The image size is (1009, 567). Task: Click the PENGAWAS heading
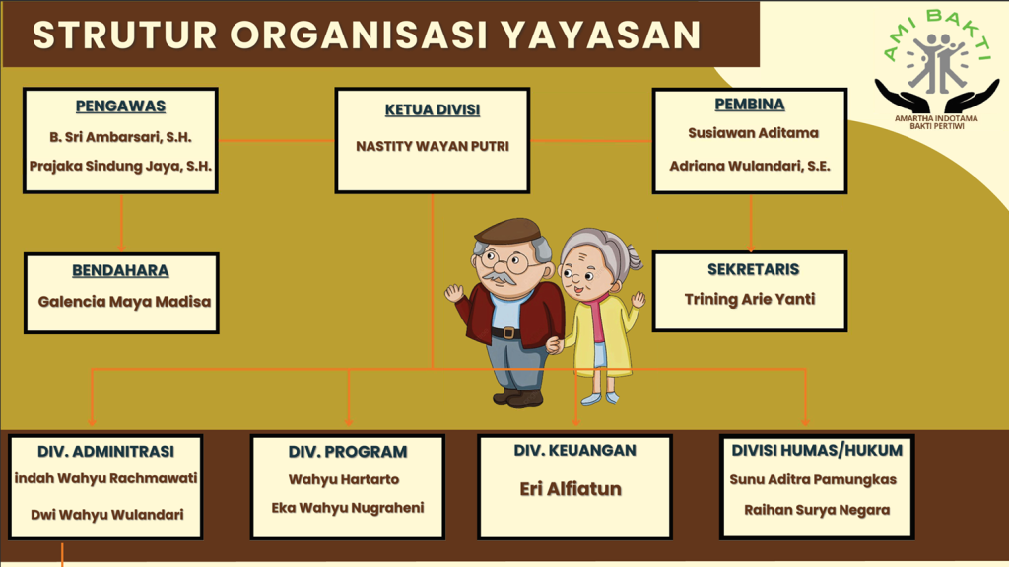pos(120,106)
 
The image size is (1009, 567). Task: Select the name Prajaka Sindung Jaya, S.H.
pos(120,166)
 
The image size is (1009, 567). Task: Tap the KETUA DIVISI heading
pos(433,110)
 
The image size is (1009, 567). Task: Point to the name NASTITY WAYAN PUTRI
pos(433,146)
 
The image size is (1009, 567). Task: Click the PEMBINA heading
pos(750,104)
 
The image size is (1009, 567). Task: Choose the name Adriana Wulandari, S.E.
pos(750,166)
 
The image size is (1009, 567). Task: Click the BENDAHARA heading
pos(120,270)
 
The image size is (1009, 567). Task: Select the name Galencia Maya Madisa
pos(124,302)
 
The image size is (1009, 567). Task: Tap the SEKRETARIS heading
pos(754,269)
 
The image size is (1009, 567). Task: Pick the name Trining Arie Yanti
pos(750,299)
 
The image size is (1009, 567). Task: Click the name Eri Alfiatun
pos(571,489)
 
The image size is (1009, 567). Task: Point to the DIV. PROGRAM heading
pos(348,451)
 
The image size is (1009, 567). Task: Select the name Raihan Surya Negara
pos(817,510)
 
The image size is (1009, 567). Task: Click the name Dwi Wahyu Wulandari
pos(107,514)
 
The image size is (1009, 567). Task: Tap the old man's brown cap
pos(509,231)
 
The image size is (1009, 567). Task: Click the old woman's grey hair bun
pos(634,257)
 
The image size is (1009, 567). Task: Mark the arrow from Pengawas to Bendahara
pos(121,223)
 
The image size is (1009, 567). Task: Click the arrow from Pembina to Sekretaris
pos(751,223)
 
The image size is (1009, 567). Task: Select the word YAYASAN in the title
pos(600,35)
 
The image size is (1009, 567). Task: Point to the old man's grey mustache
pos(499,278)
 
